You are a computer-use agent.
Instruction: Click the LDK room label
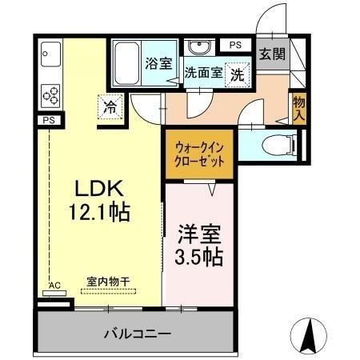pyautogui.click(x=98, y=189)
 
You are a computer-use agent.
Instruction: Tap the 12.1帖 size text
pyautogui.click(x=98, y=213)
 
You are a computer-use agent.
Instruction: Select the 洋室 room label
pyautogui.click(x=198, y=238)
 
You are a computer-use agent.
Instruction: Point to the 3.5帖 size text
pyautogui.click(x=198, y=258)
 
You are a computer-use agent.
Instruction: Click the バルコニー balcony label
pyautogui.click(x=137, y=332)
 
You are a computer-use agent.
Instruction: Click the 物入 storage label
pyautogui.click(x=298, y=106)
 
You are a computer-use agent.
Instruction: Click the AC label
pyautogui.click(x=55, y=286)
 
